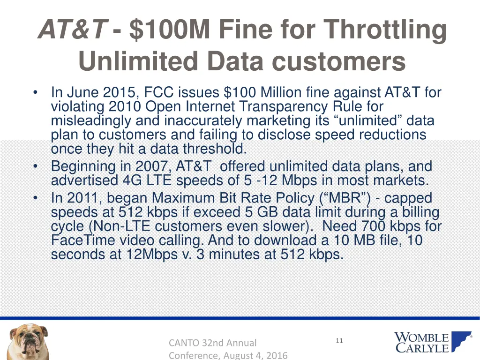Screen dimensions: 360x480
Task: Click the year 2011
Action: pos(84,198)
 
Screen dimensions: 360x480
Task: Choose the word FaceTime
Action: pos(82,240)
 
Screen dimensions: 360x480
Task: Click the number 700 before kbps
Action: pos(373,226)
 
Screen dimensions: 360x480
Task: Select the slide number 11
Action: pos(339,341)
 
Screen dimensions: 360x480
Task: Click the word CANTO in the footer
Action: pos(183,343)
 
